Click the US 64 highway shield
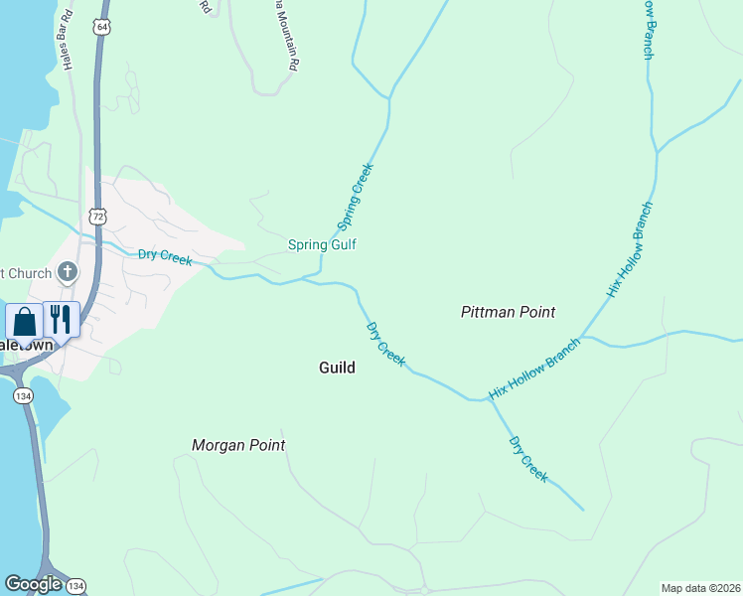pyautogui.click(x=102, y=27)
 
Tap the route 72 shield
pyautogui.click(x=96, y=215)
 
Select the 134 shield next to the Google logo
pyautogui.click(x=76, y=585)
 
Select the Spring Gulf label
pyautogui.click(x=322, y=244)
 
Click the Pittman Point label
pyautogui.click(x=508, y=312)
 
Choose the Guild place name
pyautogui.click(x=337, y=368)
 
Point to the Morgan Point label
pyautogui.click(x=238, y=445)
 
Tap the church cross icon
pyautogui.click(x=68, y=271)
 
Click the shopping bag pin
pyautogui.click(x=24, y=322)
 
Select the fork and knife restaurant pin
pyautogui.click(x=61, y=320)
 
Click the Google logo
pyautogui.click(x=33, y=584)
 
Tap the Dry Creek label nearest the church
pyautogui.click(x=165, y=256)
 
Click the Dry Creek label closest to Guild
pyautogui.click(x=385, y=344)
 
